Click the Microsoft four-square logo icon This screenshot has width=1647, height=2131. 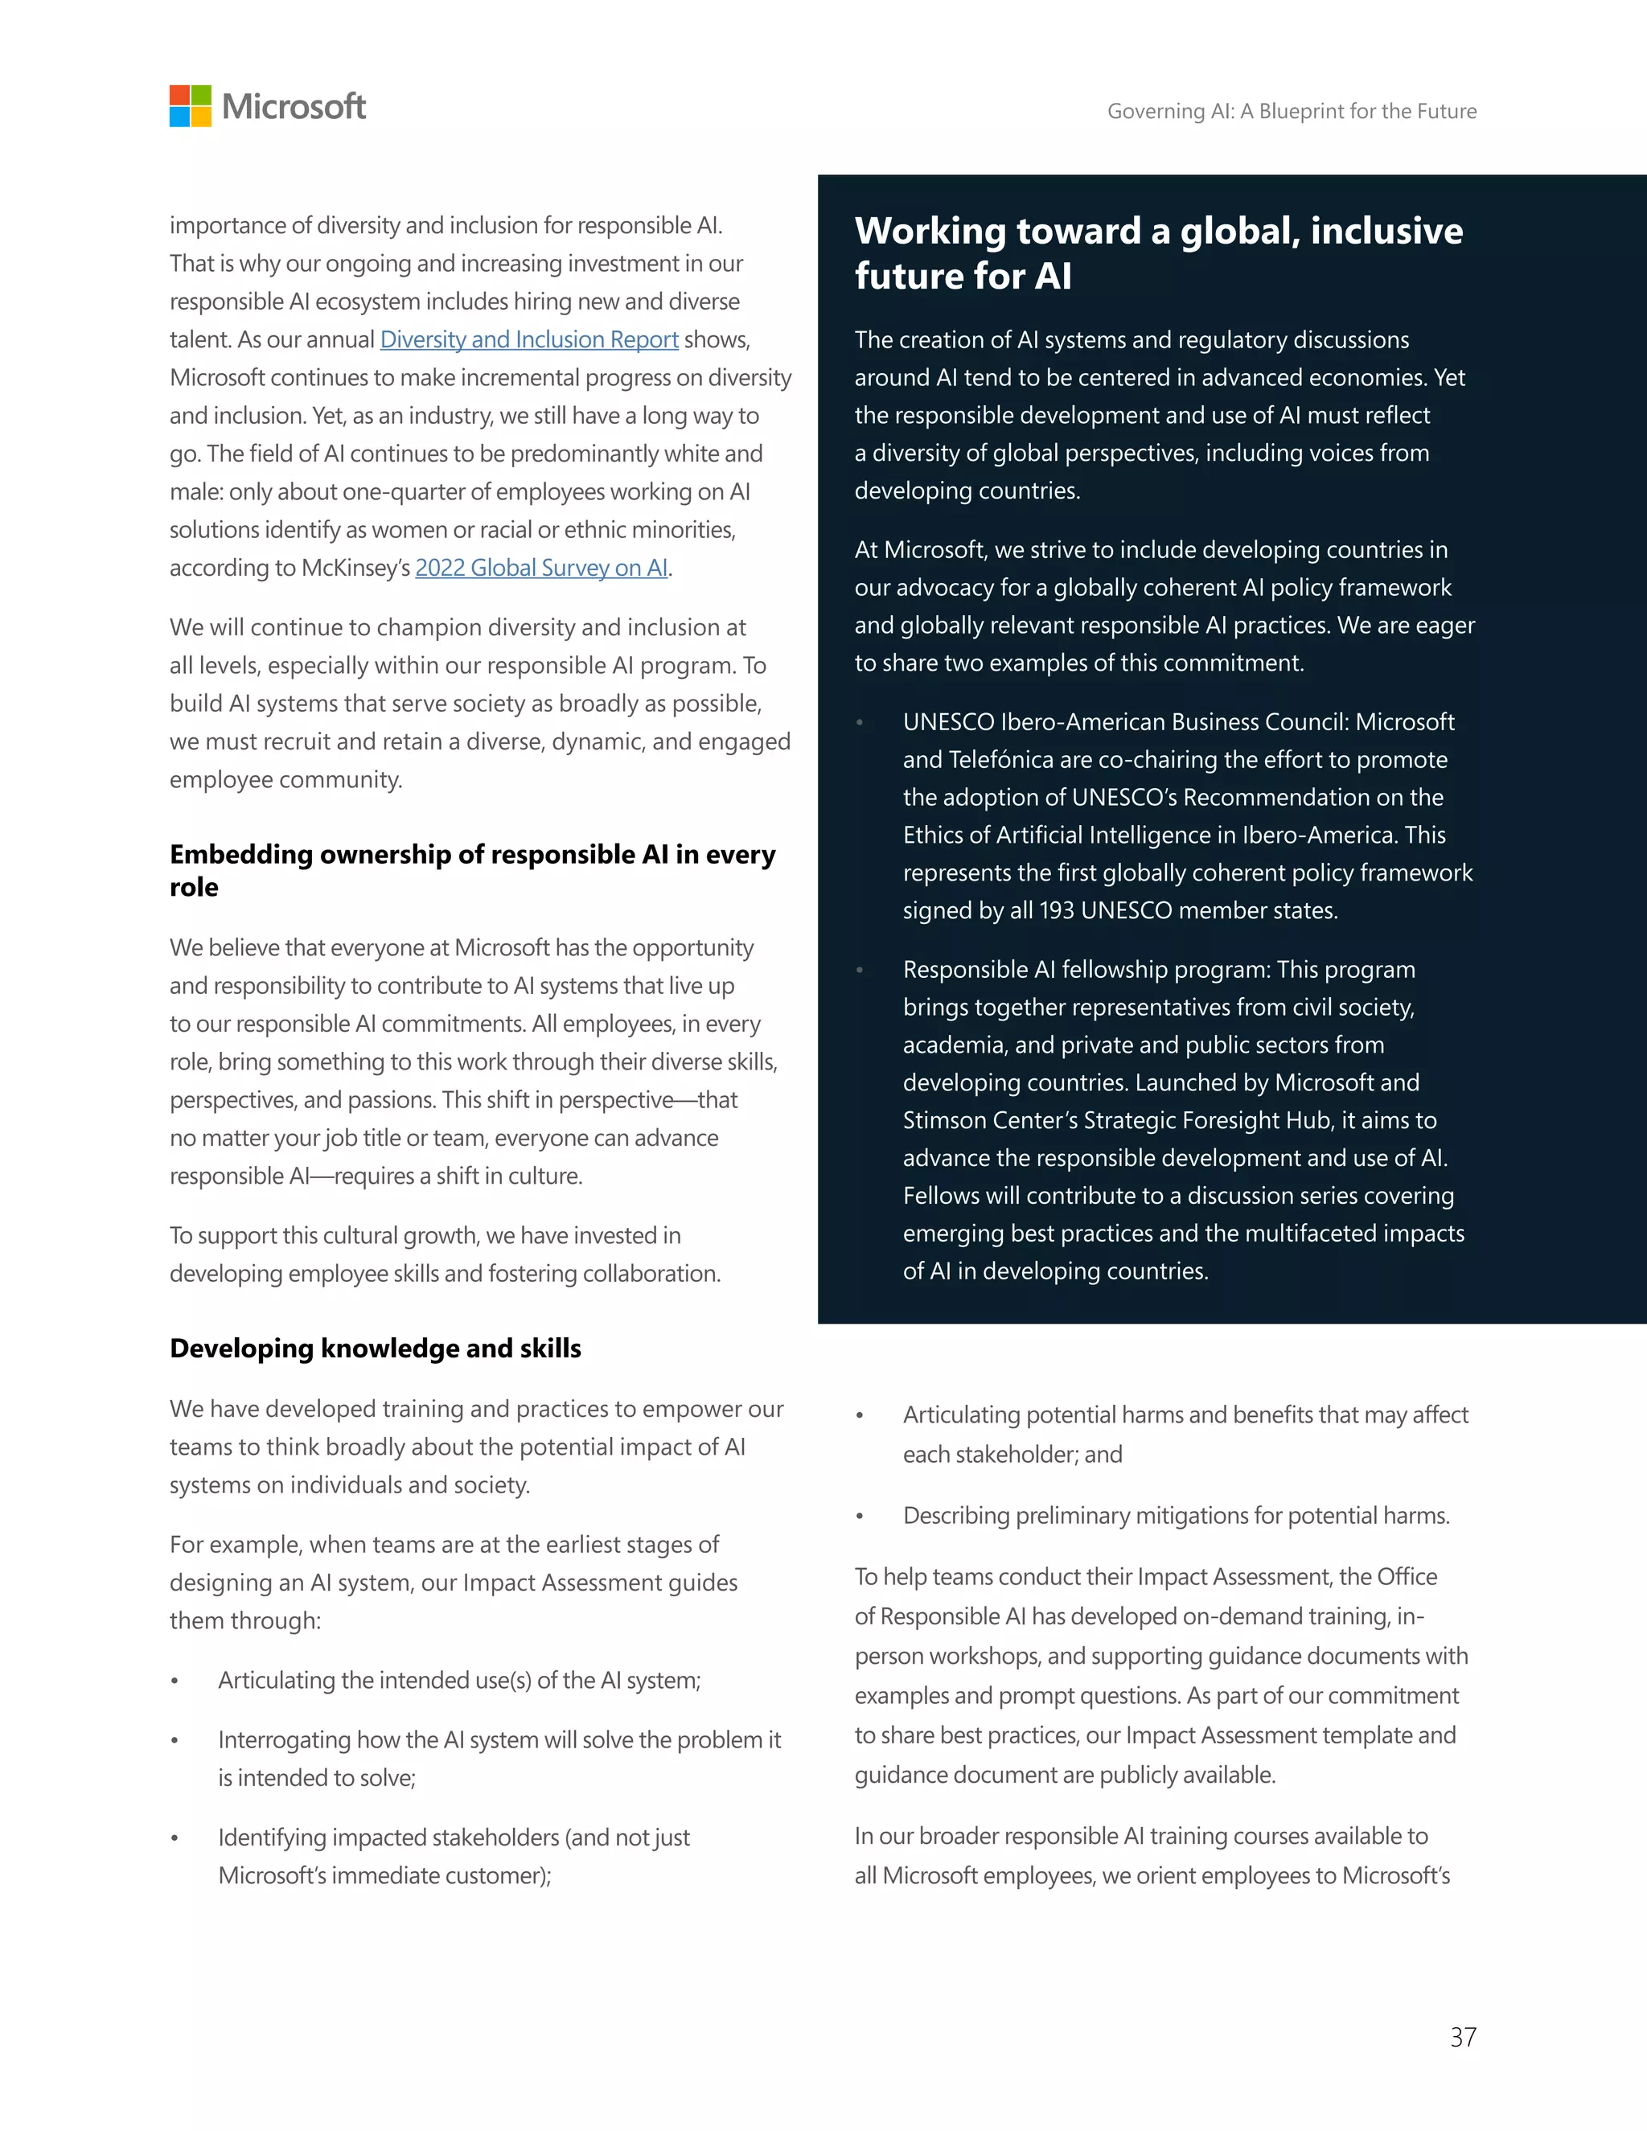[191, 105]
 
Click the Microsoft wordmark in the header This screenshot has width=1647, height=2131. [294, 106]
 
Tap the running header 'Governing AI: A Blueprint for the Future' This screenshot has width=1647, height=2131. [1291, 111]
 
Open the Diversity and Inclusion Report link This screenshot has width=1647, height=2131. [529, 339]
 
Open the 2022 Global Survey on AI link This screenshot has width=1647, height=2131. [541, 568]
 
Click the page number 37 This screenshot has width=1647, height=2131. [1463, 2038]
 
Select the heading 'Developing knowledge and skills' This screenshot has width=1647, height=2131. [375, 1349]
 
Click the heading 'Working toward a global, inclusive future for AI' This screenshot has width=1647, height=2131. [1158, 253]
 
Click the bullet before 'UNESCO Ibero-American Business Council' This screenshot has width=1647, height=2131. [860, 723]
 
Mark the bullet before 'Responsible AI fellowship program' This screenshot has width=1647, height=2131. [860, 971]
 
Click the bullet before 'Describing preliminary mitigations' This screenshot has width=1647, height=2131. [860, 1517]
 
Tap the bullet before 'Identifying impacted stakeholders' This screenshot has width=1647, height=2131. [175, 1838]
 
